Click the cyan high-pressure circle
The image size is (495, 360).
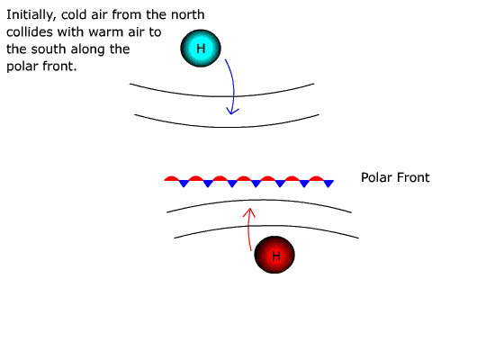pyautogui.click(x=201, y=49)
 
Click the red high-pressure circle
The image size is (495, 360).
pyautogui.click(x=274, y=255)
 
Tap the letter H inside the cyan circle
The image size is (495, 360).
pyautogui.click(x=201, y=49)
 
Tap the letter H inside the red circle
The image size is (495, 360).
pyautogui.click(x=276, y=256)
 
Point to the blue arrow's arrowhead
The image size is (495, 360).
pyautogui.click(x=232, y=112)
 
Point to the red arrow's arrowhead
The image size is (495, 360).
pyautogui.click(x=249, y=211)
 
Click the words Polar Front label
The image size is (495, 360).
pyautogui.click(x=395, y=177)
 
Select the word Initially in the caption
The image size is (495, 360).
pyautogui.click(x=31, y=14)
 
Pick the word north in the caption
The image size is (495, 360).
pyautogui.click(x=187, y=14)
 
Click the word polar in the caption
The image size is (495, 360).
pyautogui.click(x=20, y=67)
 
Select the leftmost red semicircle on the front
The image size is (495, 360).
pyautogui.click(x=171, y=178)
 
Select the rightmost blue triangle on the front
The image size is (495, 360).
pyautogui.click(x=328, y=184)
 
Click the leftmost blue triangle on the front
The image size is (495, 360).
pyautogui.click(x=184, y=184)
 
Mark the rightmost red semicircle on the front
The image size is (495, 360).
pyautogui.click(x=316, y=178)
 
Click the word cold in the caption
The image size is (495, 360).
pyautogui.click(x=72, y=14)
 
